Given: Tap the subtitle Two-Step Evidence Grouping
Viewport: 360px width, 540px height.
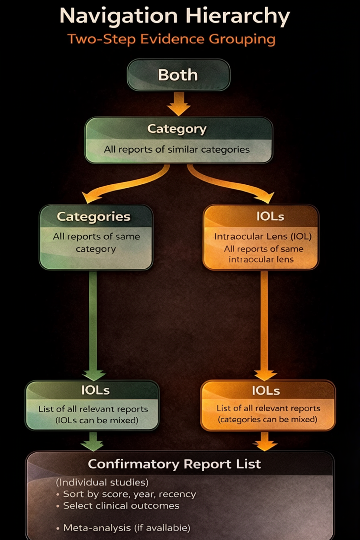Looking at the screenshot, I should pos(172,39).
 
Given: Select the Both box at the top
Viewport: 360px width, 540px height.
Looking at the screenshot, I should pos(178,75).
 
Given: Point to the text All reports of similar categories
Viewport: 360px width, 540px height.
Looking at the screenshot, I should pos(177,150).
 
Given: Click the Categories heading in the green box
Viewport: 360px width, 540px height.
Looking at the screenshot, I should pos(94,216).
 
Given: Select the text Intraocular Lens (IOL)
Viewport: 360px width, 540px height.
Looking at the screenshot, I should pos(263,237).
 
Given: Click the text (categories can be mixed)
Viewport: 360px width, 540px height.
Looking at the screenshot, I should pos(268,419).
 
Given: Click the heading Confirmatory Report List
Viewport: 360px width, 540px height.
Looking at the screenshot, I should pos(174,464).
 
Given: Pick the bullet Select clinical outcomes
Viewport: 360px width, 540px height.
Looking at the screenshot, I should pos(121,505).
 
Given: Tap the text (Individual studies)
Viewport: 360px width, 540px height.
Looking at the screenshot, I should pos(102,482).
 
